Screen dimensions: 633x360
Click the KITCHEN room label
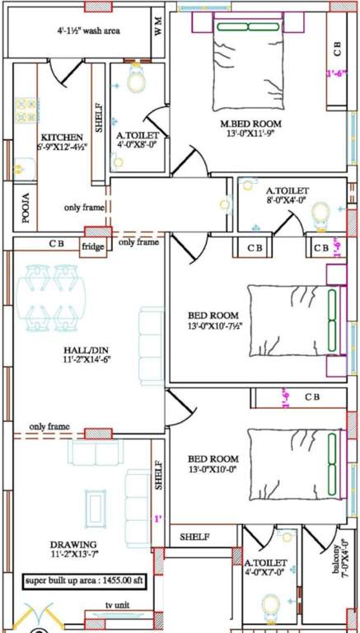click(62, 137)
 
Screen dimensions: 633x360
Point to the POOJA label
click(26, 209)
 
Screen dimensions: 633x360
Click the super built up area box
click(84, 581)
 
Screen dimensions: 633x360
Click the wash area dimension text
click(88, 31)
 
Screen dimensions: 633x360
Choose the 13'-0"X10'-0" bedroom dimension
click(214, 471)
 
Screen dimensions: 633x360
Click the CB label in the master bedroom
click(336, 48)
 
